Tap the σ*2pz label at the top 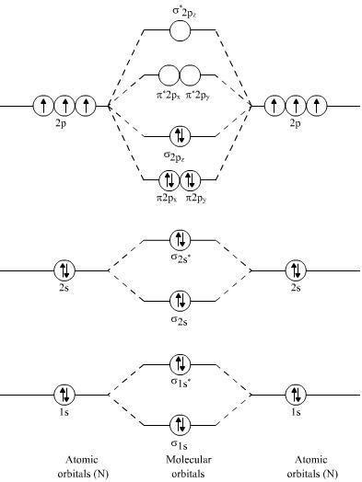point(181,10)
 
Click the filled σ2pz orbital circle point(181,137)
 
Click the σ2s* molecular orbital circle point(181,240)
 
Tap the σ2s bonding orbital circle point(181,300)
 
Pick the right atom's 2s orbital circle point(296,270)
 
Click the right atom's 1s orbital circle point(296,395)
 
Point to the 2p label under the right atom point(296,121)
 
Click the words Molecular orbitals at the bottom point(181,466)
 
